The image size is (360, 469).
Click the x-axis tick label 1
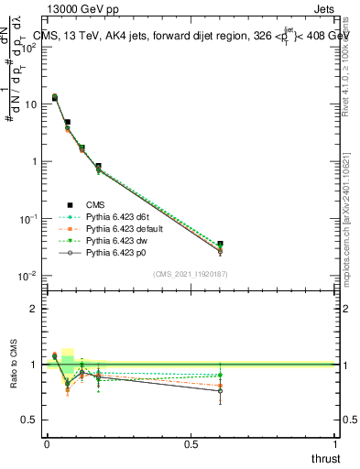(335, 444)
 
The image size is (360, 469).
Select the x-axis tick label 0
(46, 444)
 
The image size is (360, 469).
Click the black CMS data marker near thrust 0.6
(220, 245)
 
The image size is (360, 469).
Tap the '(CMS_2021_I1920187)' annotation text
(190, 275)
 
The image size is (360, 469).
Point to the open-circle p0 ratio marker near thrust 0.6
(220, 391)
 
